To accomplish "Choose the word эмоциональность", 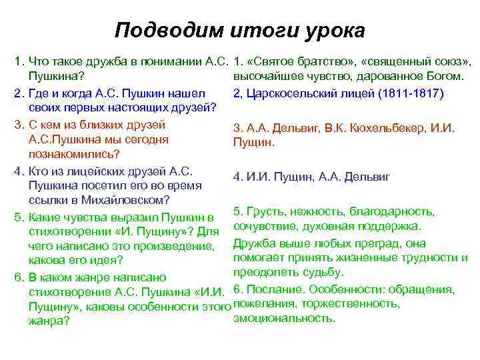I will (x=285, y=319).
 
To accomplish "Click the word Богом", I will (x=445, y=77).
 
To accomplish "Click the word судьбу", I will (x=323, y=273).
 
